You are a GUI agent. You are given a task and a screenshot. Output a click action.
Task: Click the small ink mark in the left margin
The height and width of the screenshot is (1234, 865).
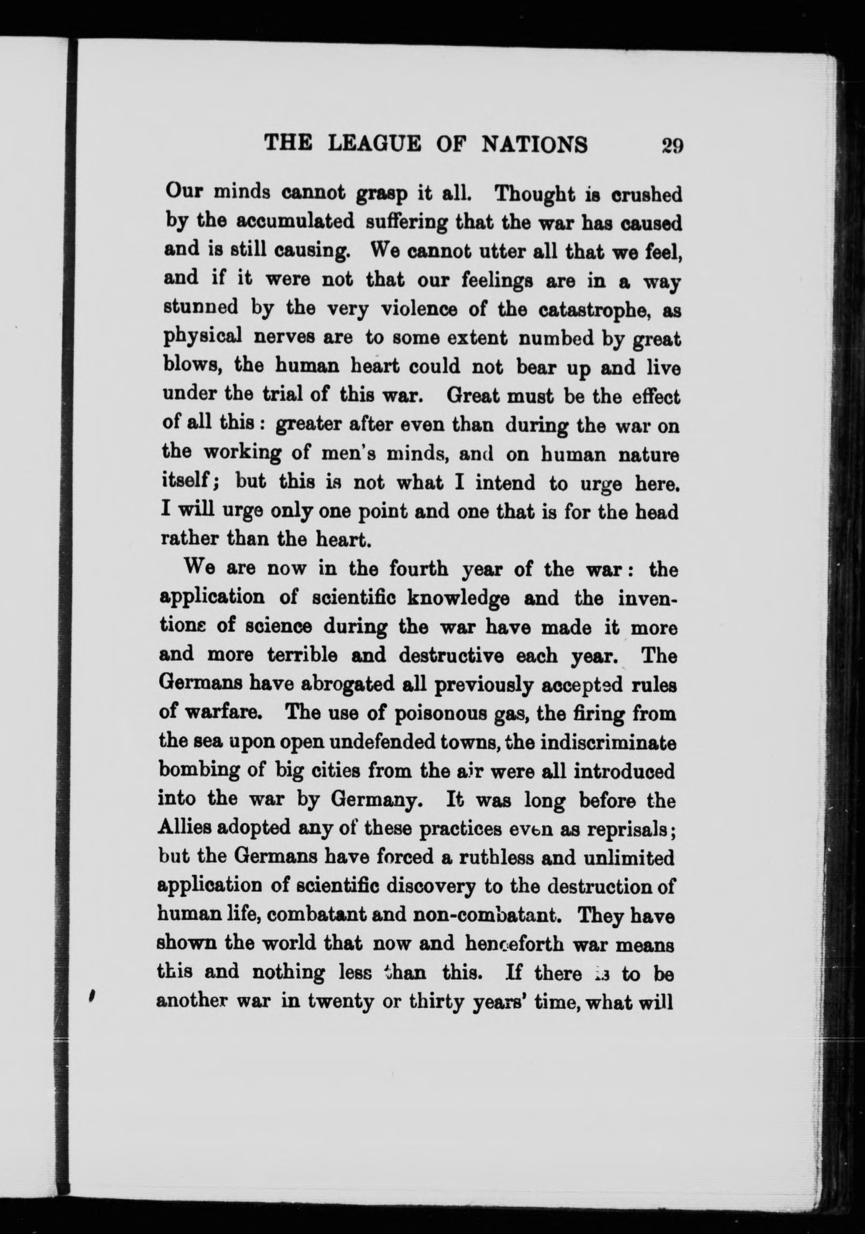point(92,996)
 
